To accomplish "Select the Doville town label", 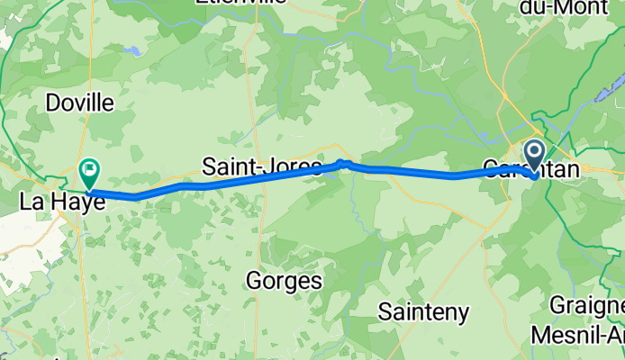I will [80, 103].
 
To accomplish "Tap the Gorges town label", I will [284, 281].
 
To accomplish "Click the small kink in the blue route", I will [343, 163].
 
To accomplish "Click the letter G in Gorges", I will [254, 281].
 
